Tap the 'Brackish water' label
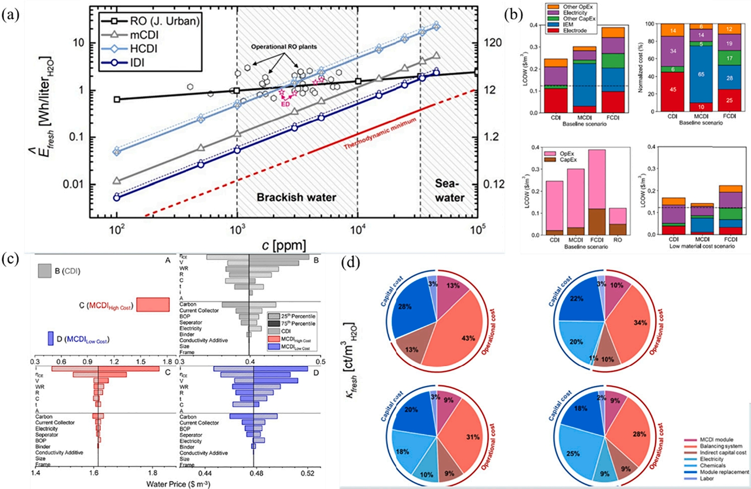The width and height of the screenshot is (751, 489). pyautogui.click(x=296, y=197)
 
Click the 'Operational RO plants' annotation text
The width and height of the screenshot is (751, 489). pyautogui.click(x=284, y=46)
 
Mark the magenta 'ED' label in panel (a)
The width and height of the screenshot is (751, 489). pyautogui.click(x=286, y=104)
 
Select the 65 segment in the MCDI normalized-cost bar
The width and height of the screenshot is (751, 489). pyautogui.click(x=701, y=74)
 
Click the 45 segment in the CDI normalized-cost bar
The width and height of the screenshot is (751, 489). pyautogui.click(x=672, y=90)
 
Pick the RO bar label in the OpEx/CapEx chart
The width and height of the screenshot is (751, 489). pyautogui.click(x=618, y=240)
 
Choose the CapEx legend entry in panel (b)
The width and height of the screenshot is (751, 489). pyautogui.click(x=568, y=160)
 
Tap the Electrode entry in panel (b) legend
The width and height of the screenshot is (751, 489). pyautogui.click(x=575, y=30)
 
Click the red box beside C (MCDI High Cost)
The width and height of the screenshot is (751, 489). pyautogui.click(x=153, y=304)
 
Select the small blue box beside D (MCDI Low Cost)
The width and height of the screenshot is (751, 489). pyautogui.click(x=50, y=339)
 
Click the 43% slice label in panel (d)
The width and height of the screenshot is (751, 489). pyautogui.click(x=468, y=338)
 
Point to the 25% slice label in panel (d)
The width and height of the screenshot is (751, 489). pyautogui.click(x=573, y=454)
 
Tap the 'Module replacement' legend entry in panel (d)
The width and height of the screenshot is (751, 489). pyautogui.click(x=724, y=472)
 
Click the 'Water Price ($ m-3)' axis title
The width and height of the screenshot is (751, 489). pyautogui.click(x=178, y=484)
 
